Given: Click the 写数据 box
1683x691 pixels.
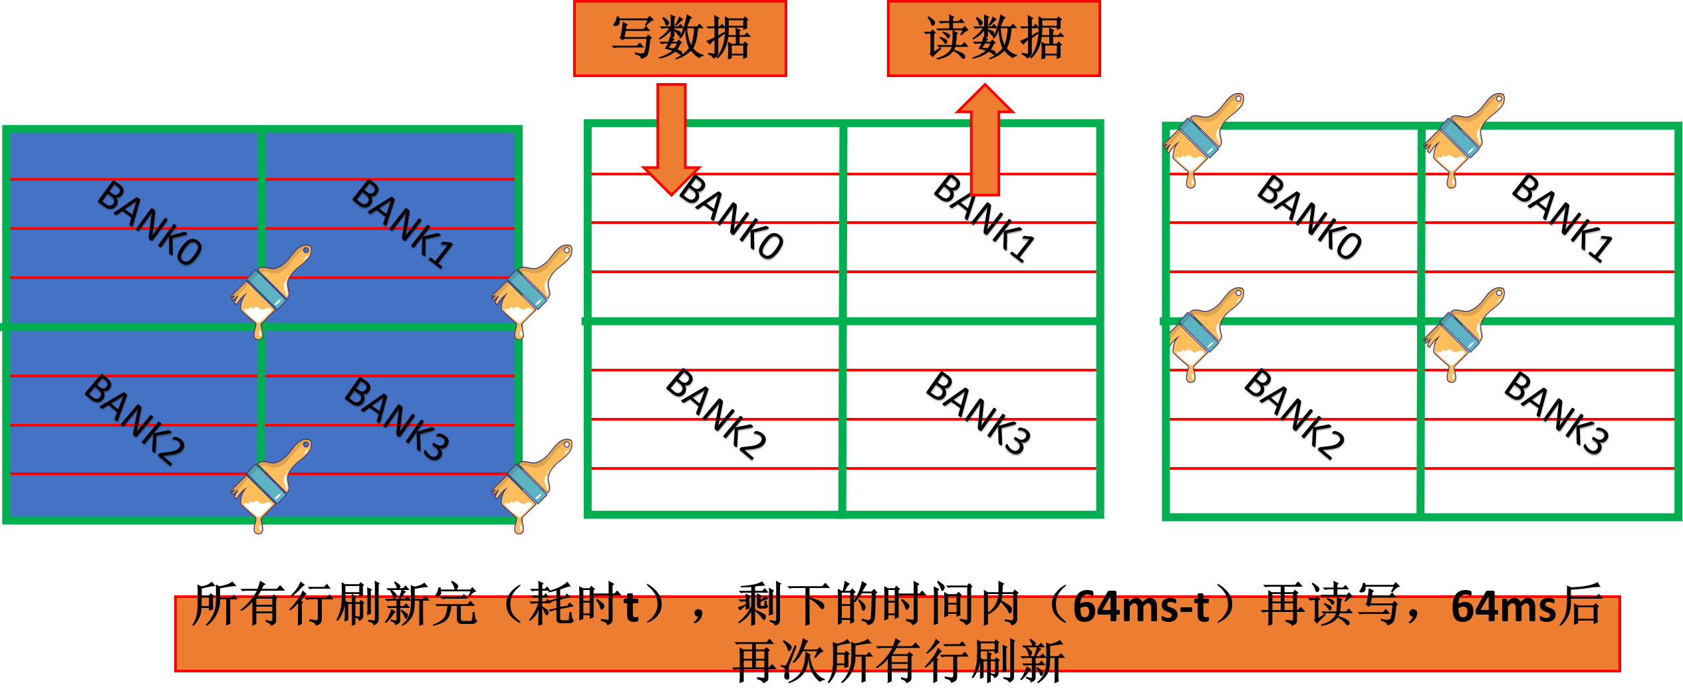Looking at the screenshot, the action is tap(680, 39).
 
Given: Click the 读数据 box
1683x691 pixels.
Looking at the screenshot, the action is tap(993, 39).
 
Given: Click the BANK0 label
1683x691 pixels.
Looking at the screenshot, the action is tap(150, 223).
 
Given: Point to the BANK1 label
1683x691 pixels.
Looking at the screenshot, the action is tap(403, 223).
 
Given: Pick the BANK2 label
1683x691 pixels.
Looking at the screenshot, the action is tap(135, 419).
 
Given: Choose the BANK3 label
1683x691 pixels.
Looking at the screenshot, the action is tap(397, 419).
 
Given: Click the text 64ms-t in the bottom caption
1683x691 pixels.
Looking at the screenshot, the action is tap(1141, 608).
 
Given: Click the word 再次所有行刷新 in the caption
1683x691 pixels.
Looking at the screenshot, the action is tap(898, 656).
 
